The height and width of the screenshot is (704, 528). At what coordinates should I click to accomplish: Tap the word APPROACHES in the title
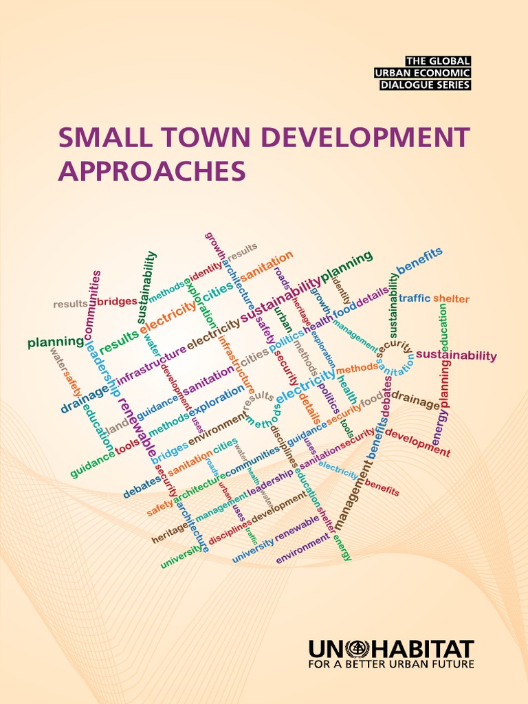pyautogui.click(x=151, y=170)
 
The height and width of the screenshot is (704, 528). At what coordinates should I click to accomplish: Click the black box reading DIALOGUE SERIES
pyautogui.click(x=426, y=85)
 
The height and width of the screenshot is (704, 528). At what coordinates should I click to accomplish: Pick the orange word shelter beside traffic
pyautogui.click(x=451, y=299)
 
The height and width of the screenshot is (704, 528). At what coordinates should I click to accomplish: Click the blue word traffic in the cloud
pyautogui.click(x=415, y=298)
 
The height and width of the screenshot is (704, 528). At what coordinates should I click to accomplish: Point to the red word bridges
pyautogui.click(x=116, y=302)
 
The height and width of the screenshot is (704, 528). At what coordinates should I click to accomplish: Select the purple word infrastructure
pyautogui.click(x=151, y=365)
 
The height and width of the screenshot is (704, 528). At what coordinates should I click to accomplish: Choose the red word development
pyautogui.click(x=417, y=442)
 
